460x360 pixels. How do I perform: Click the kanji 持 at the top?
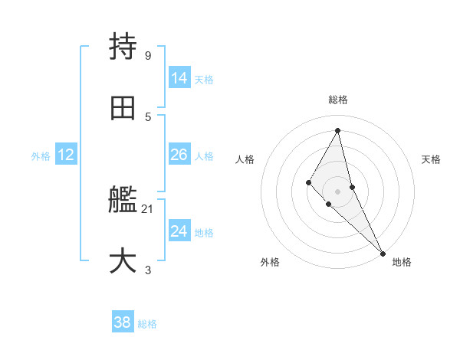coord(123,47)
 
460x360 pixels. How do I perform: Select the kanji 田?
coord(123,109)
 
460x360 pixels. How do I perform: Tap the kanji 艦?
coord(123,201)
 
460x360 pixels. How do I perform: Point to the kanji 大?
coord(123,261)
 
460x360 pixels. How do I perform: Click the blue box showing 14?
coord(179,78)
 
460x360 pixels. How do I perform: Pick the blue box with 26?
coord(179,155)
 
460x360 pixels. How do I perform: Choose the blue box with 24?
coord(179,231)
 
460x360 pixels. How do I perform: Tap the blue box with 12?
coord(66,155)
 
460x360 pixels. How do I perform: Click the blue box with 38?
coord(123,323)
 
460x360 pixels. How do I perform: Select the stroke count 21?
coord(148,208)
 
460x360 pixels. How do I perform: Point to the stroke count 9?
coord(147,55)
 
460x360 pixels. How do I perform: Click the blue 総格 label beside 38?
coord(147,324)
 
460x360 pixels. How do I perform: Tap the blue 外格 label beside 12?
coord(41,156)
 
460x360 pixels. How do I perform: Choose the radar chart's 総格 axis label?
coord(338,100)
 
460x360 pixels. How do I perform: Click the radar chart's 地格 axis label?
coord(402,263)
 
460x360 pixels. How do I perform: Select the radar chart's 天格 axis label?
coord(432,159)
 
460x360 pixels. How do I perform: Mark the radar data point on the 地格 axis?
coord(383,253)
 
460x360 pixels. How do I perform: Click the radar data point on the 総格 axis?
coord(338,130)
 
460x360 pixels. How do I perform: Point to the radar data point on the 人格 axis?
coord(308,182)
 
